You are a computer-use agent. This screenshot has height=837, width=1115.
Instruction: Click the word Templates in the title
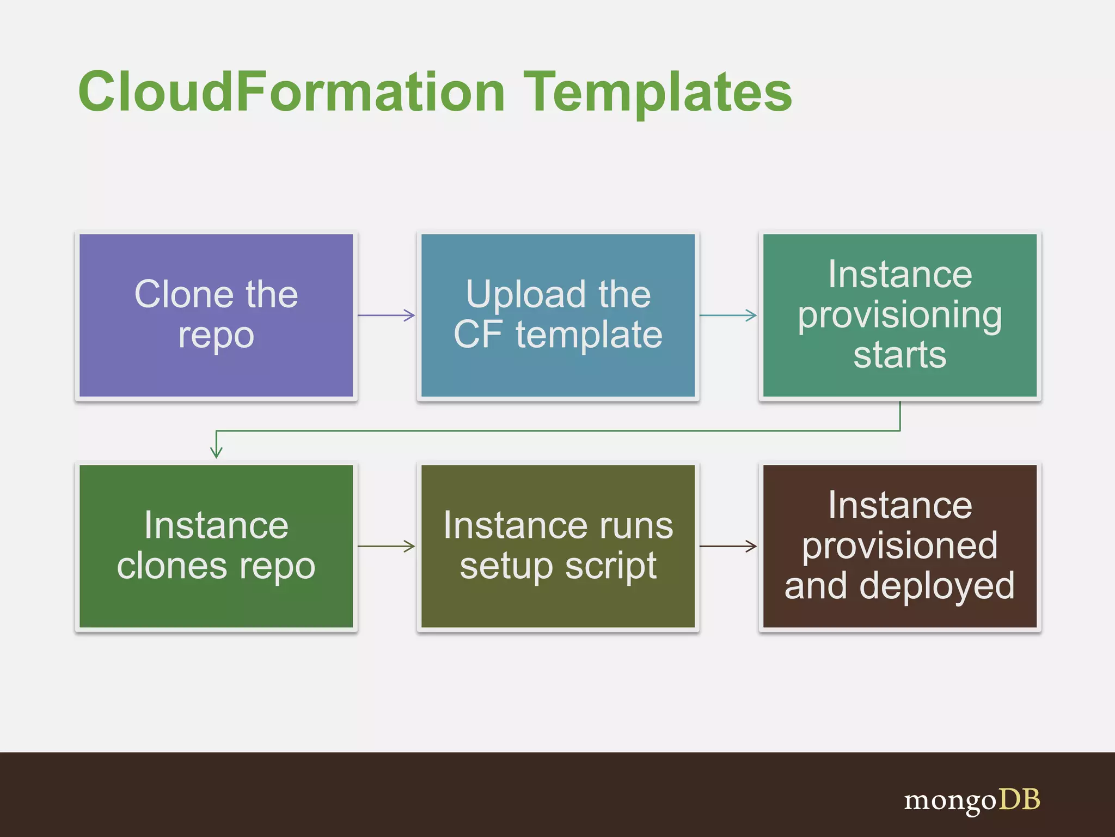[658, 93]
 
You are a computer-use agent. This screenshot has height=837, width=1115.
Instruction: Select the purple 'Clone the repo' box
[216, 316]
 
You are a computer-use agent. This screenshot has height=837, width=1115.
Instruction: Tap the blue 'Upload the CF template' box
[558, 316]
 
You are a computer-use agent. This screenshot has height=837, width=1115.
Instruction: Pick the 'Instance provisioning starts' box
[899, 316]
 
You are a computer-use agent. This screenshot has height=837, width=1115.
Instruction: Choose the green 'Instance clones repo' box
[216, 546]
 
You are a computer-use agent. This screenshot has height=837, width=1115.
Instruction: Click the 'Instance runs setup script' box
[558, 546]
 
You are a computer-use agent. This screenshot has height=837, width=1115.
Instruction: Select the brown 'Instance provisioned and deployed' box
[899, 546]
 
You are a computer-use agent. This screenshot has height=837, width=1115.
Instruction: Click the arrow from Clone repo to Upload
[387, 315]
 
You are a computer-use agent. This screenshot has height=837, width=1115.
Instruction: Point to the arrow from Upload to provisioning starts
[728, 315]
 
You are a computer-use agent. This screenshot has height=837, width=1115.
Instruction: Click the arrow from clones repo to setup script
[387, 545]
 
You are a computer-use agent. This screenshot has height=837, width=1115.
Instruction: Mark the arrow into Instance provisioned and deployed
[728, 545]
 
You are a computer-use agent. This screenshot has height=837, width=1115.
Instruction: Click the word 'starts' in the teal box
[899, 355]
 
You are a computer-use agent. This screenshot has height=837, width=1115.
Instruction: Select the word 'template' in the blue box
[589, 335]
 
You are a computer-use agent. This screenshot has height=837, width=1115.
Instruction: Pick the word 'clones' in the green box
[171, 567]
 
